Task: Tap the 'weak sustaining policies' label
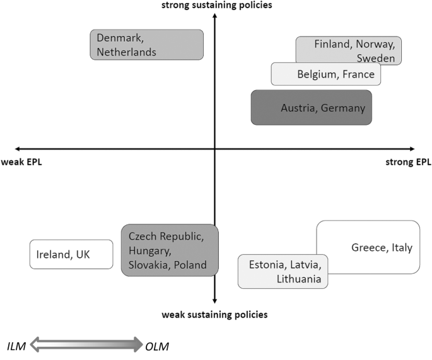(x=215, y=314)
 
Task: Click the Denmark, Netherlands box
(x=146, y=45)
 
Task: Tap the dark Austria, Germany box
(x=311, y=108)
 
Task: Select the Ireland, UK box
(x=71, y=255)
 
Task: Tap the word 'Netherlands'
(x=126, y=52)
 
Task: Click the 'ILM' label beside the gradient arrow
(x=17, y=345)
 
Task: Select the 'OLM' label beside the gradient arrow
(x=157, y=345)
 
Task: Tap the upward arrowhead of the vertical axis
(x=215, y=16)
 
